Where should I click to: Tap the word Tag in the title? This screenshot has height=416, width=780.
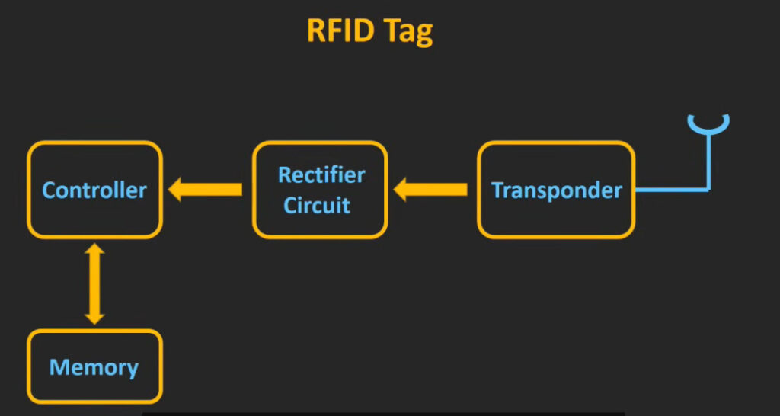coord(408,33)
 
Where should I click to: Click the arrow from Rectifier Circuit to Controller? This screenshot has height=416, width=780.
coord(205,190)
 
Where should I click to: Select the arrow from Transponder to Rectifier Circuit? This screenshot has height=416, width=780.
coord(430,190)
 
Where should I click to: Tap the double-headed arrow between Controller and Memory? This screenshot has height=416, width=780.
coord(94,284)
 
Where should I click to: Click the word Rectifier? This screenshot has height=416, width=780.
coord(321,175)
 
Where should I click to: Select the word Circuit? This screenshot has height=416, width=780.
coord(317,204)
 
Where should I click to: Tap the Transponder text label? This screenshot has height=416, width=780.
coord(557,190)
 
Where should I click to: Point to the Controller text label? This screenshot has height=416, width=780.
coord(94,190)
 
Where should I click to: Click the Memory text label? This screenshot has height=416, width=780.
coord(94,368)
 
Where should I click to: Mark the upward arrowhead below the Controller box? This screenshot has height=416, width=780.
coord(94,249)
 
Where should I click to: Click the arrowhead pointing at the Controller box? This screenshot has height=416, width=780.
coord(174,190)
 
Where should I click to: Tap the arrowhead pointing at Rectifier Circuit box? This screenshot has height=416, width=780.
coord(399,190)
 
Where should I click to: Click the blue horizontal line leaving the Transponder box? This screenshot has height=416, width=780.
coord(672,190)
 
